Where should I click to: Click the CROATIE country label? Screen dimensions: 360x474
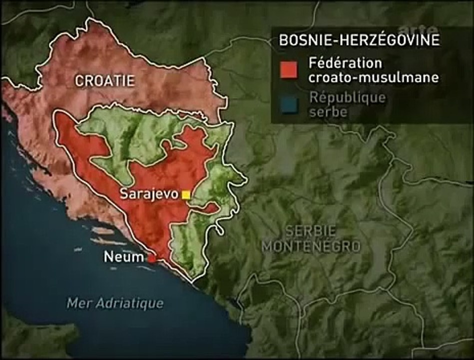click(x=105, y=80)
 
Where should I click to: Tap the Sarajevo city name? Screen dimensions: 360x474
click(x=149, y=194)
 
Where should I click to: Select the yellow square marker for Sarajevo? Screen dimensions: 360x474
click(x=186, y=195)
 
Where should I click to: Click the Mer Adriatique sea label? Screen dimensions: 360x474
click(x=115, y=303)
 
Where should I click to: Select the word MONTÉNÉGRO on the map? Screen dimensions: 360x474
click(x=311, y=246)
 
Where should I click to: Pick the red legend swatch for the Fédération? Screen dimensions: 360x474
click(x=289, y=70)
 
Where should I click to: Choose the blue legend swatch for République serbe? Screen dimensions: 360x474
click(x=289, y=104)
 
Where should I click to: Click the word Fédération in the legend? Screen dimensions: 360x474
click(x=346, y=64)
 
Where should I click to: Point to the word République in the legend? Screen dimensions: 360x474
click(x=347, y=97)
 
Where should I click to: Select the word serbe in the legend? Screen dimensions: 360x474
click(x=328, y=112)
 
